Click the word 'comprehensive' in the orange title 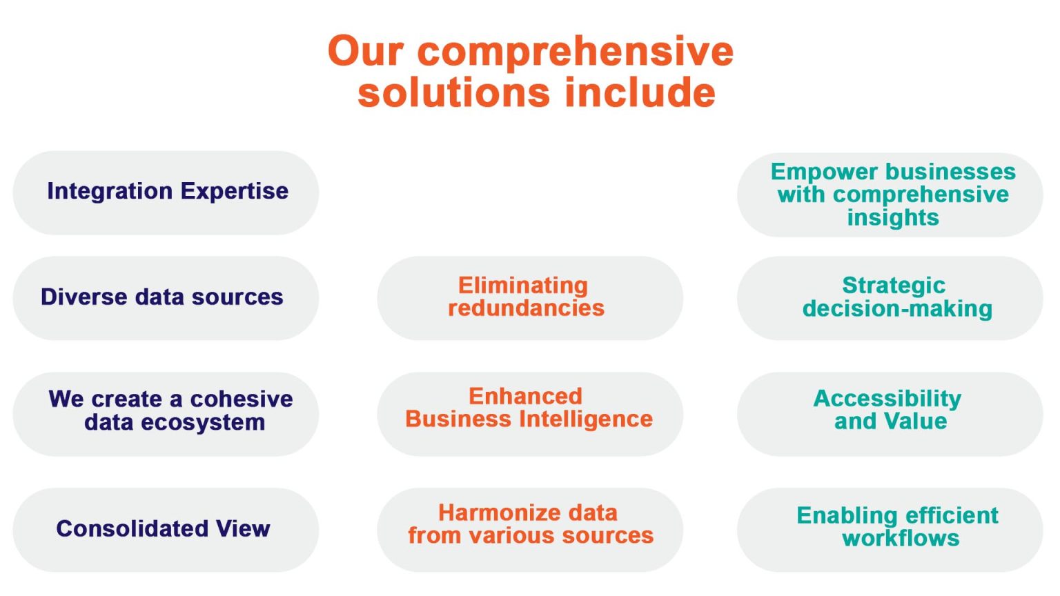click(x=576, y=52)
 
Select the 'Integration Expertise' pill click(x=166, y=192)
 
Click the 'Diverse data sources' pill click(x=165, y=297)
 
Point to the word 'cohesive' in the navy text click(x=241, y=399)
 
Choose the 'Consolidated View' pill click(x=165, y=529)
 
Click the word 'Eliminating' click(x=523, y=286)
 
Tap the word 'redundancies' click(x=526, y=308)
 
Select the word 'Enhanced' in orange click(x=525, y=397)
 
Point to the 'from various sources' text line click(x=530, y=536)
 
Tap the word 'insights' click(x=893, y=218)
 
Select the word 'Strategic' click(x=894, y=286)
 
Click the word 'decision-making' click(x=897, y=309)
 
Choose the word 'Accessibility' click(x=887, y=399)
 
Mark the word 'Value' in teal click(x=916, y=421)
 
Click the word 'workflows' click(x=901, y=539)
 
